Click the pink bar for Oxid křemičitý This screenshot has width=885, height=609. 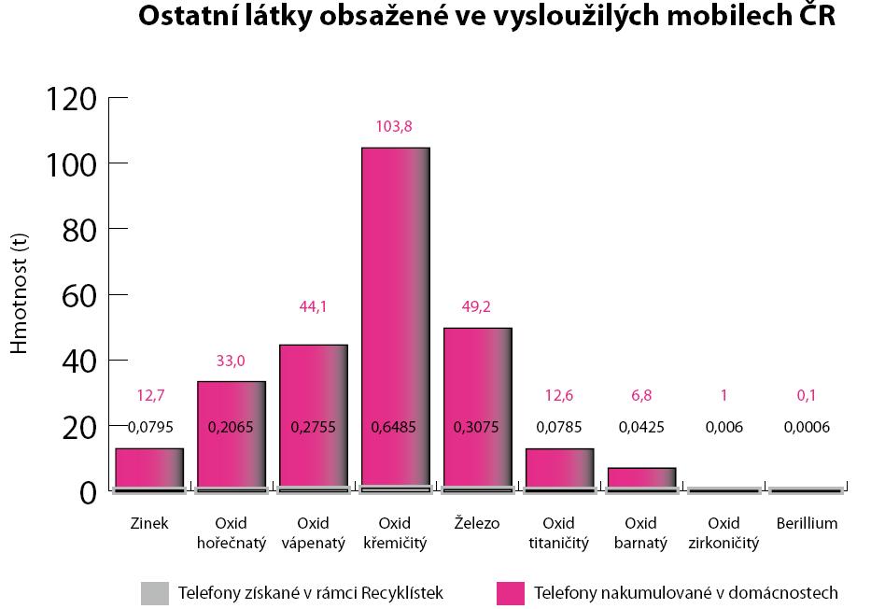coord(395,280)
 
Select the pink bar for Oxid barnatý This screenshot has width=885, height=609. coord(641,476)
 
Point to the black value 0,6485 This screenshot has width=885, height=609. coord(395,428)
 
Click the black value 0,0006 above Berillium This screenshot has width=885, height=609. coord(807,428)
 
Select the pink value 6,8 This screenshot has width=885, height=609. coord(641,395)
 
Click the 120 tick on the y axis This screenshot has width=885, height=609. coord(70,97)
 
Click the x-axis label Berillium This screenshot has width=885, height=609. coord(807,523)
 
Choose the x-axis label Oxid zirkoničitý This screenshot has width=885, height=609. coord(723,532)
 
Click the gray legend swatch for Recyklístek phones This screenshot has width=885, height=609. coord(155,592)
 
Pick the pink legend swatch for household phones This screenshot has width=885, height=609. coord(511,592)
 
